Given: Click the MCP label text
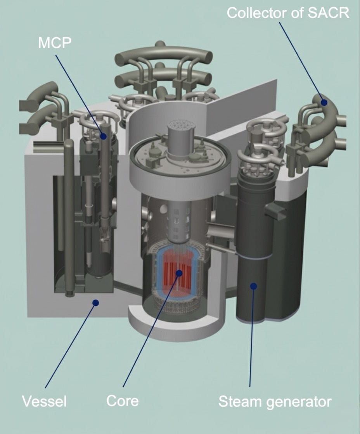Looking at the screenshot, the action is click(55, 43).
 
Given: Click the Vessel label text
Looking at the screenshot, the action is click(44, 401).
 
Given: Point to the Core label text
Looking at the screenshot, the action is click(122, 401).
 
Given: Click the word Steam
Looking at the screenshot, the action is click(240, 401).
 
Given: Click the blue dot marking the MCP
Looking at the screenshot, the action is click(103, 136).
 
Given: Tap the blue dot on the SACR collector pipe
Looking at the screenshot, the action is click(324, 103).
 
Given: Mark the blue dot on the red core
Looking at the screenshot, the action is click(179, 273).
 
